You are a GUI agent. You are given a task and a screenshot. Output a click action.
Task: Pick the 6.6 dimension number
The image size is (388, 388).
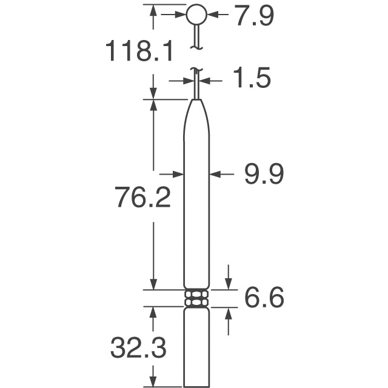(x=264, y=298)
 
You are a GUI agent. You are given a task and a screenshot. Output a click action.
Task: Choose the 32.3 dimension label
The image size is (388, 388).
(x=138, y=349)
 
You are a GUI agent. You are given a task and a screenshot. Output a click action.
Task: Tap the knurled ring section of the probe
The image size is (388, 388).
(x=196, y=298)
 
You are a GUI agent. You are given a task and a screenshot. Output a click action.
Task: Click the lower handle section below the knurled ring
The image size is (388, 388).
(x=196, y=346)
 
